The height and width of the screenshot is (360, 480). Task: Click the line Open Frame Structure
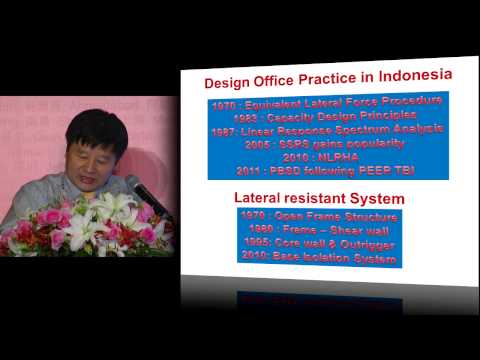coord(319,217)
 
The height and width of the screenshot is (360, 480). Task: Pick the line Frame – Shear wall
coord(319,231)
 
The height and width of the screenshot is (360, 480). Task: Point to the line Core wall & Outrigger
coord(319,245)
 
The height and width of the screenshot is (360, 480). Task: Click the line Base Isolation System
coord(319,259)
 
